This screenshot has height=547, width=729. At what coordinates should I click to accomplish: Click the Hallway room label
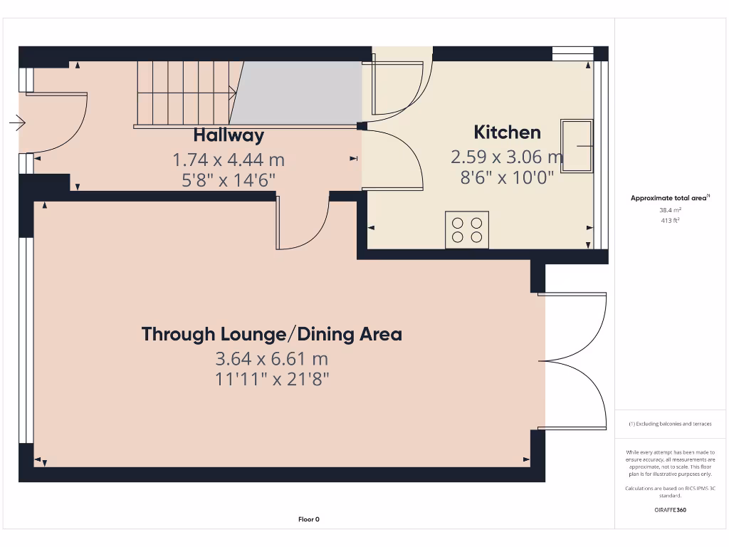pyautogui.click(x=229, y=135)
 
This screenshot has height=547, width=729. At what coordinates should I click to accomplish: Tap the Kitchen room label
pyautogui.click(x=507, y=132)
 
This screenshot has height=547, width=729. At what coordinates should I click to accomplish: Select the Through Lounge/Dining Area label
pyautogui.click(x=271, y=334)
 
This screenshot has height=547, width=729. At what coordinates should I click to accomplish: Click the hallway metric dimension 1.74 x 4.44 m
pyautogui.click(x=229, y=160)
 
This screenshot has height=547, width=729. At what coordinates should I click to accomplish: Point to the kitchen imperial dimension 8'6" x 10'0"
pyautogui.click(x=507, y=178)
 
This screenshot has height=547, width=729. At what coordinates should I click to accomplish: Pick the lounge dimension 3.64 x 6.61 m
pyautogui.click(x=271, y=358)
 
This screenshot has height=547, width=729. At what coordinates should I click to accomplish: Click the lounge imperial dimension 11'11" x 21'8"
pyautogui.click(x=271, y=379)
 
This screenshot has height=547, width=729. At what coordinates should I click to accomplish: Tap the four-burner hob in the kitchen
pyautogui.click(x=467, y=229)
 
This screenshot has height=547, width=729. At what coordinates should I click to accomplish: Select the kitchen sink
pyautogui.click(x=577, y=145)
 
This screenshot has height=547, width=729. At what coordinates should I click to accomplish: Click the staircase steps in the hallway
pyautogui.click(x=184, y=93)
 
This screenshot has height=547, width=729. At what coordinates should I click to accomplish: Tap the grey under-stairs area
pyautogui.click(x=299, y=93)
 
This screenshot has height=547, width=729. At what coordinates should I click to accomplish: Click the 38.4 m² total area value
pyautogui.click(x=669, y=211)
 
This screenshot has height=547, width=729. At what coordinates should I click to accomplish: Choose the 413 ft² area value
pyautogui.click(x=669, y=221)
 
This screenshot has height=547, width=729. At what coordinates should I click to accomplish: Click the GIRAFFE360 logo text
pyautogui.click(x=669, y=510)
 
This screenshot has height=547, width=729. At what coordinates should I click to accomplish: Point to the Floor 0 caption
pyautogui.click(x=308, y=519)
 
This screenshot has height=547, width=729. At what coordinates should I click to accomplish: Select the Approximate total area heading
pyautogui.click(x=669, y=199)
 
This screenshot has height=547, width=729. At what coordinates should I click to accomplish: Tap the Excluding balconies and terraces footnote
pyautogui.click(x=669, y=424)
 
